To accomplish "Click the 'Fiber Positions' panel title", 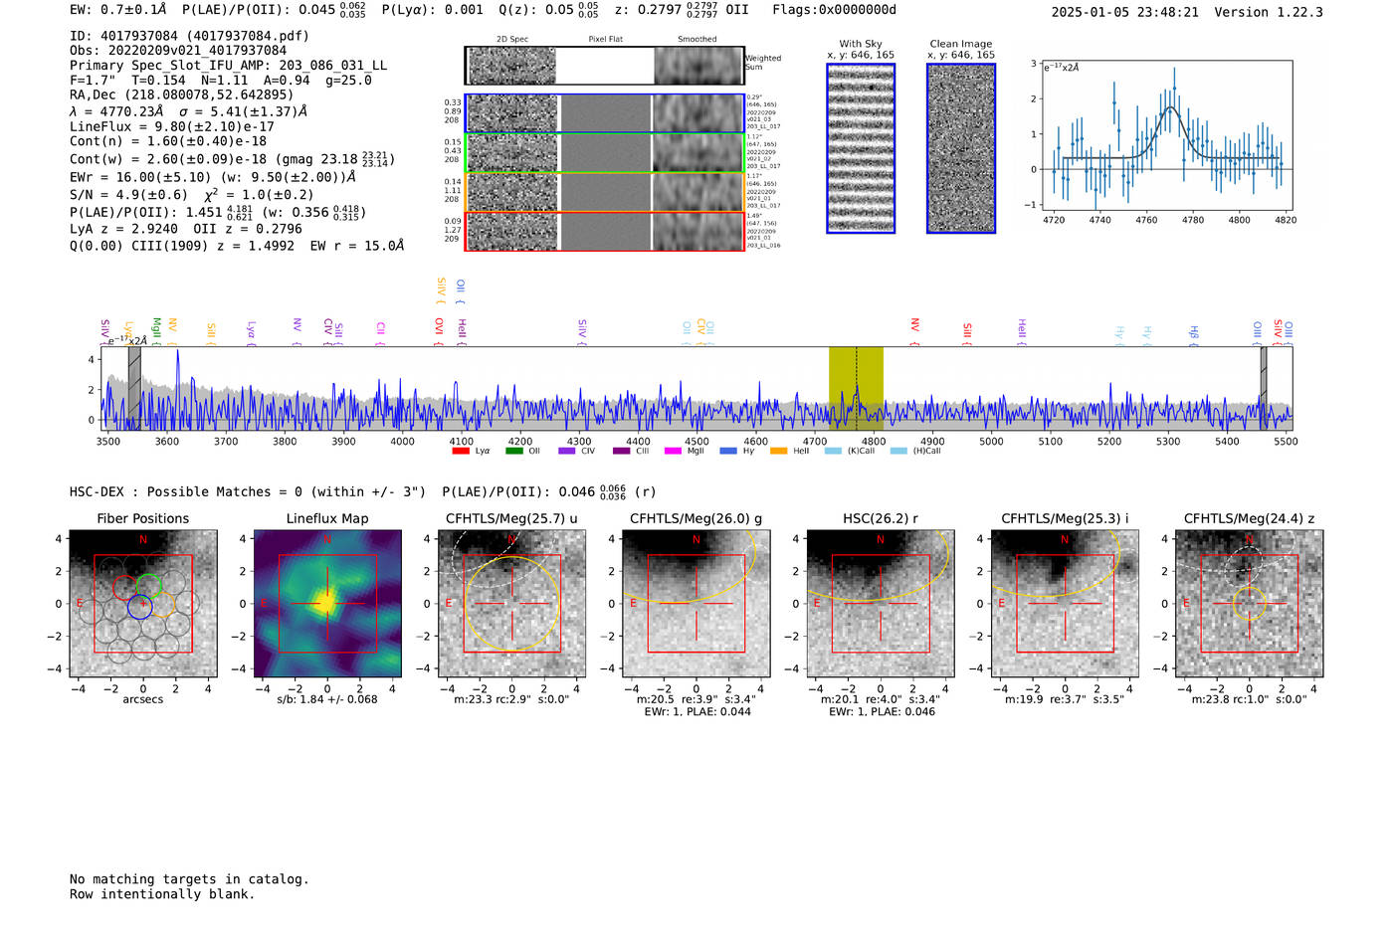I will click(x=142, y=518).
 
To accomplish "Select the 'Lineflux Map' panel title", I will click(x=326, y=518).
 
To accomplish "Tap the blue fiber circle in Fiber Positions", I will click(x=139, y=606).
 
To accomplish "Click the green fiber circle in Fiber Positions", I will click(x=149, y=585).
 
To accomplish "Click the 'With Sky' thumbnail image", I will click(x=861, y=148).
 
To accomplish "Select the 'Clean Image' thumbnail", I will click(x=961, y=148).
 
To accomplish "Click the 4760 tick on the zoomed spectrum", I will click(x=1146, y=220).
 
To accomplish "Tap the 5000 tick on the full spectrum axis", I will click(x=991, y=442).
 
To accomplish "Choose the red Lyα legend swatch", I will click(x=461, y=452).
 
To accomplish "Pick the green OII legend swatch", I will click(x=513, y=452).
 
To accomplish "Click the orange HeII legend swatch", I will click(x=778, y=452).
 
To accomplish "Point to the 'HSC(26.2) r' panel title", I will click(x=880, y=518).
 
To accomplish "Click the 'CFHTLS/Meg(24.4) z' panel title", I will click(x=1249, y=518).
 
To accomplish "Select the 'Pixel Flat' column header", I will click(x=605, y=40).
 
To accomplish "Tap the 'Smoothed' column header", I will click(x=696, y=40).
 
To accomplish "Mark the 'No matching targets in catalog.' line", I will click(x=189, y=879).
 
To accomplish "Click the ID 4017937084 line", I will click(x=189, y=36).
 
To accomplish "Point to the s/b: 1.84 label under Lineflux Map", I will click(x=326, y=699).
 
